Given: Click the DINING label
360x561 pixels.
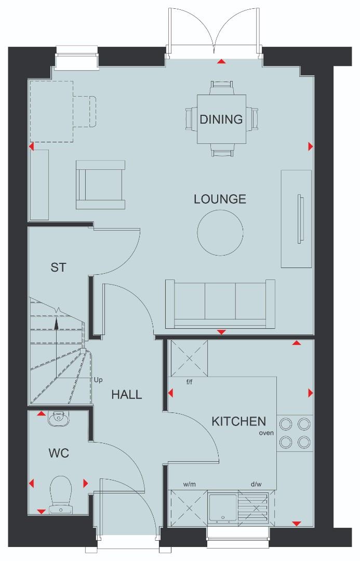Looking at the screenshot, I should coord(221,119).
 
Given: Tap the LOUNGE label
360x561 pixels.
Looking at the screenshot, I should coord(220,199).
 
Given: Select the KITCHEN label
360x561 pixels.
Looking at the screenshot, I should coord(238,421).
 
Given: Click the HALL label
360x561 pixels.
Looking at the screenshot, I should coord(126,395).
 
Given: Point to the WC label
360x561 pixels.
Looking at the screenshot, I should coord(59,453).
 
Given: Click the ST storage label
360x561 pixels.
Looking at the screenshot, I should coord(58,268).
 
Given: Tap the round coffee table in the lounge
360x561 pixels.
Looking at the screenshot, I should coord(220,232).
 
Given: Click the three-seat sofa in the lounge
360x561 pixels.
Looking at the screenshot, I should coord(220,304).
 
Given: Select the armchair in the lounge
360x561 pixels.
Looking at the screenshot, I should coord(100,184).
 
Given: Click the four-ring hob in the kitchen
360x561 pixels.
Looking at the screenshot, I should coord(295,433).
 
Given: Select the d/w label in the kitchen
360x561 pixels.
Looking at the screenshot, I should coord(256,485).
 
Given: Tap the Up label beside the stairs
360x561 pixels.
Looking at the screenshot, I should coord(98,380).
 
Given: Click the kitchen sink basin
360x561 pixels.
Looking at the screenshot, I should coord(221,507).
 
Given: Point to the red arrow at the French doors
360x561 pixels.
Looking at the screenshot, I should coord(222,61).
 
